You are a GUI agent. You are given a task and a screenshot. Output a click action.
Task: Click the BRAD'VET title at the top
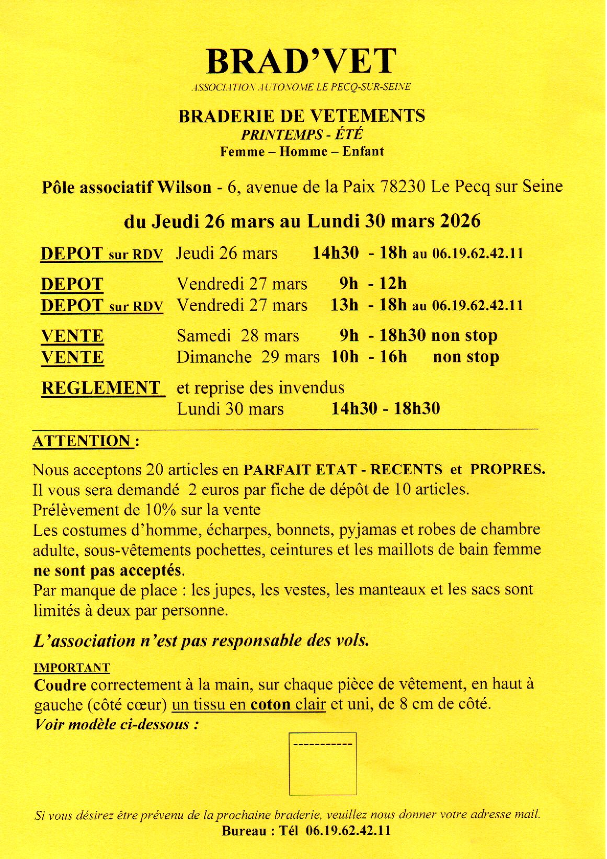(x=302, y=62)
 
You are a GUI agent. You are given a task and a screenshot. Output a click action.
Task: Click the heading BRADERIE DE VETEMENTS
(x=302, y=116)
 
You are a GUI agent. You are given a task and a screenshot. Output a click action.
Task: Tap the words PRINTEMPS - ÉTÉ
(x=302, y=135)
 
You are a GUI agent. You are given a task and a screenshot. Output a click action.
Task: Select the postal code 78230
(x=403, y=187)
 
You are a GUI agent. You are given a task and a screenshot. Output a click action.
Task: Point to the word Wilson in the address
(x=185, y=187)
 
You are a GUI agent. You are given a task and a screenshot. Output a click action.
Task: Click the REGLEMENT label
(x=101, y=388)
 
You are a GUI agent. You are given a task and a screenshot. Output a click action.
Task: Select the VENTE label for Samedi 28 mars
(x=72, y=336)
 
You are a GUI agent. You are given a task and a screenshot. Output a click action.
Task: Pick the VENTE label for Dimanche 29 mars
(x=72, y=358)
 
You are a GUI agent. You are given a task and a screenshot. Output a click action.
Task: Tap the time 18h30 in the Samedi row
(x=403, y=336)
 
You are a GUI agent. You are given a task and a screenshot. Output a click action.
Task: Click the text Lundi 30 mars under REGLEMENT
(x=230, y=409)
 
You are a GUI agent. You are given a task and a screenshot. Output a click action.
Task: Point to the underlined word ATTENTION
(x=82, y=441)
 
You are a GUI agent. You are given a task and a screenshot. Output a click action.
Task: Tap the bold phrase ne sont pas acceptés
(x=108, y=570)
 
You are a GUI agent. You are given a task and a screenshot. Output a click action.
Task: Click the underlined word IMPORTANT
(x=72, y=668)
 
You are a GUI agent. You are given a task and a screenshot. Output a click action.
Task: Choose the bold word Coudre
(x=60, y=685)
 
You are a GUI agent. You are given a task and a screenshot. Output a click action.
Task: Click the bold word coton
(x=270, y=705)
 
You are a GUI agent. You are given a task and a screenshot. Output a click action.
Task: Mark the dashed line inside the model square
(x=323, y=744)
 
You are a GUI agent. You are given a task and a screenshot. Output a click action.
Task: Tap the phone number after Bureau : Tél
(x=348, y=831)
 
